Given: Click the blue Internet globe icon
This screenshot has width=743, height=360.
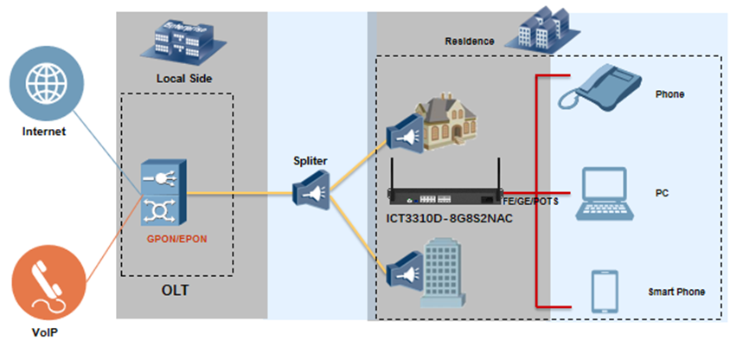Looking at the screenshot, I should [46, 85].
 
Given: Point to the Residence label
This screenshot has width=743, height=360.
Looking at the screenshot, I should [470, 41].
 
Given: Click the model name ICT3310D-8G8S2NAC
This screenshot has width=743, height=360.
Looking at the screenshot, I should [449, 217].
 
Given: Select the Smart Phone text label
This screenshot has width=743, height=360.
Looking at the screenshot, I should [676, 292].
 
